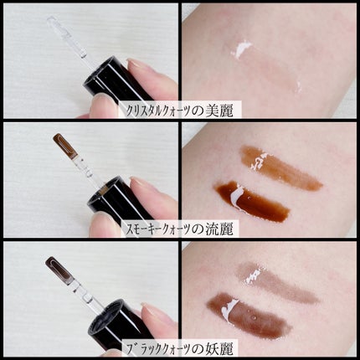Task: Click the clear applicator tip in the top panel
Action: (x=67, y=36)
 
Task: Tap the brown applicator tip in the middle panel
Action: (x=65, y=147)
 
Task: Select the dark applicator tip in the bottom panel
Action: (x=59, y=269)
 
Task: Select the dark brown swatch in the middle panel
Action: (x=251, y=202)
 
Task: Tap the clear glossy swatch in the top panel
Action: (x=265, y=67)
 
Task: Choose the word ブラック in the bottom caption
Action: (x=145, y=349)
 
